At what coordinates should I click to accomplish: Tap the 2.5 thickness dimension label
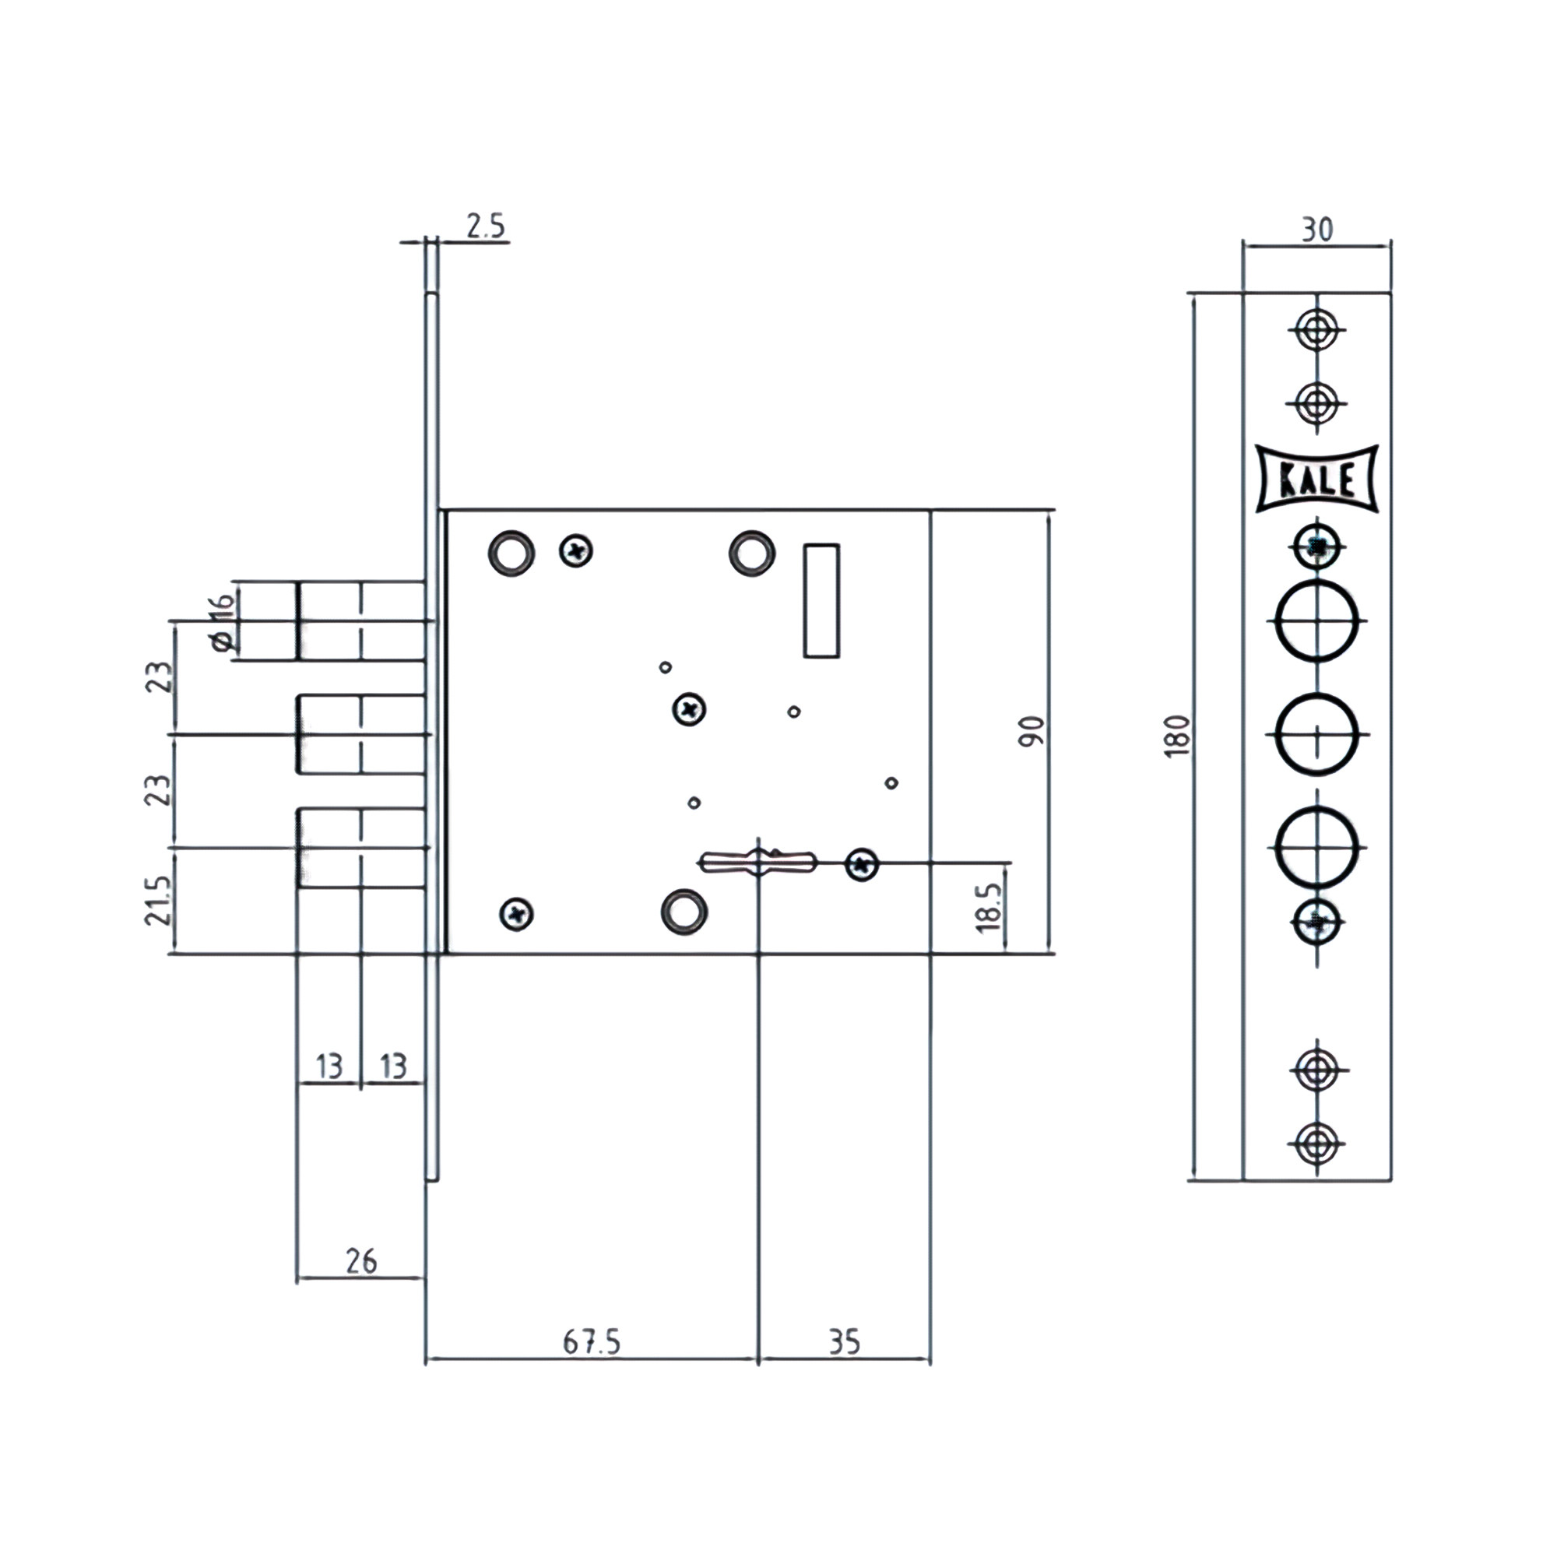coord(486,227)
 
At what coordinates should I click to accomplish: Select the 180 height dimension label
coord(1177,735)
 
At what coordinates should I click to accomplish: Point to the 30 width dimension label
coord(1317,230)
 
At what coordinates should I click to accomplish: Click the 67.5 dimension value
coord(592,1342)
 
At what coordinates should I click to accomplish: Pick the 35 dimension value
coord(844,1342)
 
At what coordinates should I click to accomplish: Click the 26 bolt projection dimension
coord(360,1261)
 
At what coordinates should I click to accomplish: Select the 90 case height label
coord(1032,731)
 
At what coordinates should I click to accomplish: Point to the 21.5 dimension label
coord(159,900)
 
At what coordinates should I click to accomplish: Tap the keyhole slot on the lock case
coord(757,863)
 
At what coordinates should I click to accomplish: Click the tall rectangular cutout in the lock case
coord(821,600)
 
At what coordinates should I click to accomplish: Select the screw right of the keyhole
coord(862,866)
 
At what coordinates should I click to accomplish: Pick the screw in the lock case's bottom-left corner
coord(517,914)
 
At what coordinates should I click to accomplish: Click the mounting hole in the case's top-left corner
coord(511,553)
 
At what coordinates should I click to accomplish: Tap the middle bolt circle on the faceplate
coord(1318,734)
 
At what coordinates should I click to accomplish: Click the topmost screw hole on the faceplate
coord(1318,329)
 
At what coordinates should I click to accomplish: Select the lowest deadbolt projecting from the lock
coord(361,848)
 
